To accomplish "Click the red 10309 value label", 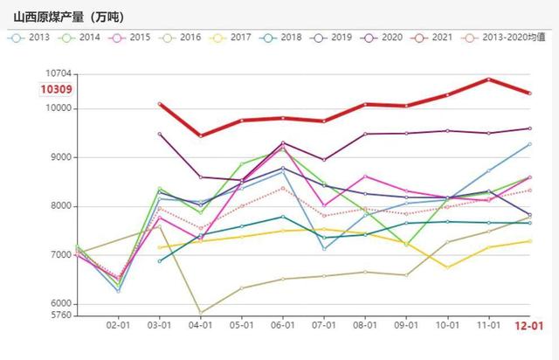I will tap(57, 89).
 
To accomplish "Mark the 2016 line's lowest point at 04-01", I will tap(201, 312).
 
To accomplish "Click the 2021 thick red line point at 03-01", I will tap(160, 104).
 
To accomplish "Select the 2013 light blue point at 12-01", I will tap(529, 144).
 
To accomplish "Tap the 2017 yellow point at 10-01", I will tap(447, 267).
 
